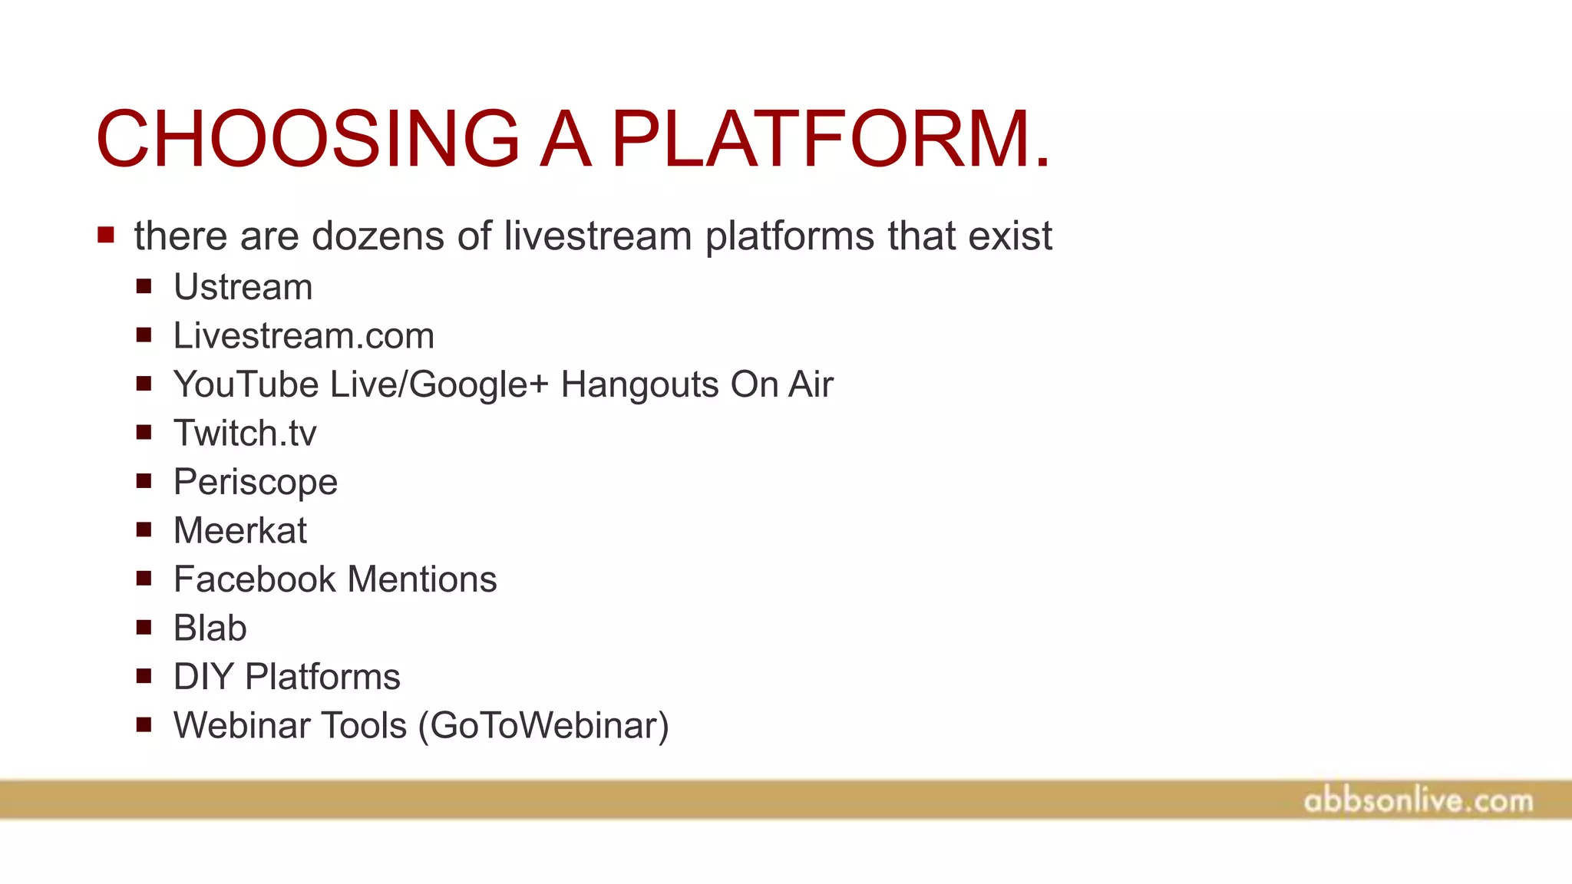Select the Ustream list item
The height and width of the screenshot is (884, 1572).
[x=243, y=288]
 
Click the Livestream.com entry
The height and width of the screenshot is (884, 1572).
[x=304, y=336]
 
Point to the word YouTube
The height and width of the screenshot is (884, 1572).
[x=246, y=384]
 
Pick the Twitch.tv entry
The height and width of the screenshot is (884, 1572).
[x=245, y=434]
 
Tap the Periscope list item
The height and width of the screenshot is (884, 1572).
[x=256, y=483]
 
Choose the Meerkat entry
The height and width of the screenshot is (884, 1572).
[x=240, y=531]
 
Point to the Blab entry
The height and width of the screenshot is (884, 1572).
[x=210, y=628]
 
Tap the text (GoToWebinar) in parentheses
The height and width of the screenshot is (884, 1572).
[x=543, y=726]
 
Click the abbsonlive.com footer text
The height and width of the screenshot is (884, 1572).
[x=1418, y=801]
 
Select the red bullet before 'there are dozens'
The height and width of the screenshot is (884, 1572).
[x=106, y=235]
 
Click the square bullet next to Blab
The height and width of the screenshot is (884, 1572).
[x=144, y=628]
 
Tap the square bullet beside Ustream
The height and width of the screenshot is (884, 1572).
[x=144, y=287]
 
